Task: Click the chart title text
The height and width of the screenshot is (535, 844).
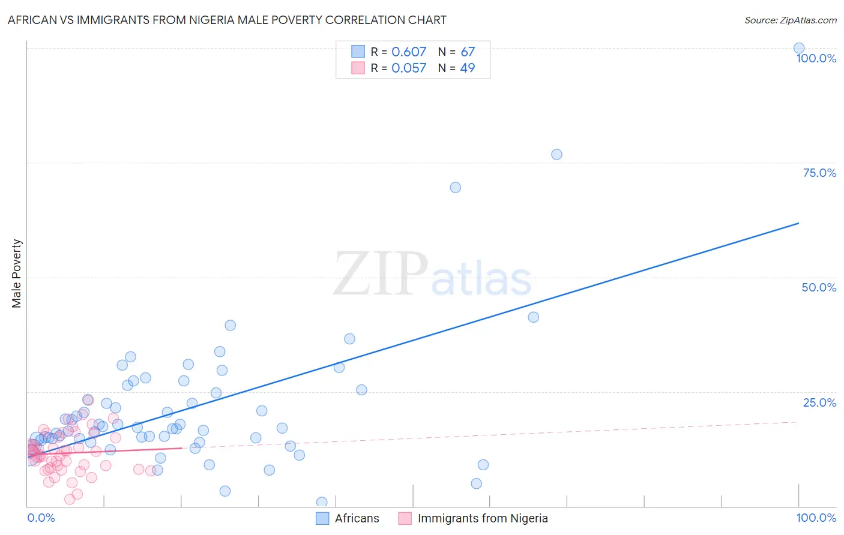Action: pos(227,20)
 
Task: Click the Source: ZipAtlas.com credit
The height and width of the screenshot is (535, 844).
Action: pos(790,20)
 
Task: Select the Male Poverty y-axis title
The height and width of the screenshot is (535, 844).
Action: pos(17,273)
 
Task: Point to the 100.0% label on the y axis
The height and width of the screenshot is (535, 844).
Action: pos(816,58)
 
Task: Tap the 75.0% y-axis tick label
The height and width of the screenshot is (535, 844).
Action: pos(819,173)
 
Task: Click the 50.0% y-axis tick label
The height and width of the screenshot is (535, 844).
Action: pos(819,287)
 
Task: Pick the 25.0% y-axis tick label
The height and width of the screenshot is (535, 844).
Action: pos(819,402)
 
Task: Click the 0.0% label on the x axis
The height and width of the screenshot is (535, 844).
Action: pos(41,518)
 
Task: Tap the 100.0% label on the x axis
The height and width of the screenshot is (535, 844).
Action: pos(816,518)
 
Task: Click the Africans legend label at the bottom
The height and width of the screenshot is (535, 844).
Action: pos(357,518)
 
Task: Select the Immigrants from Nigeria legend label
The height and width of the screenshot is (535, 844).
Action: pos(483,518)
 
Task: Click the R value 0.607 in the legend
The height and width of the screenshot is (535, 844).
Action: pos(409,52)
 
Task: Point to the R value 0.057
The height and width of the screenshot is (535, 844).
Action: pos(409,68)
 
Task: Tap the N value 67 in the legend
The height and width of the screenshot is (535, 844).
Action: pos(468,52)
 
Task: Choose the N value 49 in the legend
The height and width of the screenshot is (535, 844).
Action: pos(468,68)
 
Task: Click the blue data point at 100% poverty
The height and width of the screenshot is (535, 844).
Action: pos(799,48)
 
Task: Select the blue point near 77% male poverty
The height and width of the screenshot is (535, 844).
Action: pos(556,154)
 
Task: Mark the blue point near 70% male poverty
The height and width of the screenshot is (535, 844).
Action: pos(455,187)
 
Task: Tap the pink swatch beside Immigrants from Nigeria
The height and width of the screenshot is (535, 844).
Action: pos(405,518)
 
